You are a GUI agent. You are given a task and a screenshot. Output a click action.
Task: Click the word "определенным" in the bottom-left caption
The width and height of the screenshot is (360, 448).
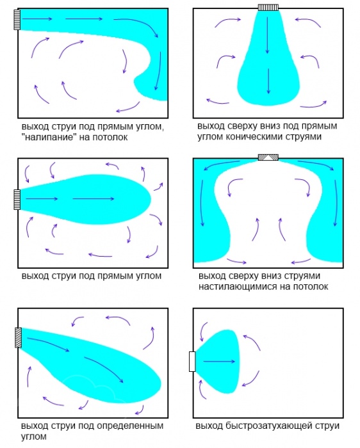130,426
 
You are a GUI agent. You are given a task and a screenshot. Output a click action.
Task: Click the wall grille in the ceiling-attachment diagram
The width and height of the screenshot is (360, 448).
17,19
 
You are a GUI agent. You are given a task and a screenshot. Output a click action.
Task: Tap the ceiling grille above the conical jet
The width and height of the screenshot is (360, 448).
268,7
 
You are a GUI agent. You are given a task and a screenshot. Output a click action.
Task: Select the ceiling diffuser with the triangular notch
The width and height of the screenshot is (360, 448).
268,157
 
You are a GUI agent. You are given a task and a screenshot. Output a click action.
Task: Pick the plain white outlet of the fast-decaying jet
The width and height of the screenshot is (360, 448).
192,362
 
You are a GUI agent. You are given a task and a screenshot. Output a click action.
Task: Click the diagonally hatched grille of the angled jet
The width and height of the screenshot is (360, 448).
19,338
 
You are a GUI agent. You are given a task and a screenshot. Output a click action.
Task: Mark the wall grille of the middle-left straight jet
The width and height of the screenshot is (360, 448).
17,200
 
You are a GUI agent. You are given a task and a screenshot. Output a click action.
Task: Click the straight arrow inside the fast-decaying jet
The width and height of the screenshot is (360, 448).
219,362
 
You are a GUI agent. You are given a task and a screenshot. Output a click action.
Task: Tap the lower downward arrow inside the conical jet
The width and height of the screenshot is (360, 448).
268,81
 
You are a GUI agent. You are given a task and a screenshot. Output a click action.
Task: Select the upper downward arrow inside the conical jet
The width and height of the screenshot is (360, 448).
268,35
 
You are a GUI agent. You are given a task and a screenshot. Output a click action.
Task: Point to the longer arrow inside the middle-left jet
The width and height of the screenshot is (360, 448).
94,199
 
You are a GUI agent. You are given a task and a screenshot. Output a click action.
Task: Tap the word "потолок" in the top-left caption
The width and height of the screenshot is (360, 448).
109,138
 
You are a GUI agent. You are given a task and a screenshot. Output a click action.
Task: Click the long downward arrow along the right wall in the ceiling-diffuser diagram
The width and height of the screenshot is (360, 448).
336,203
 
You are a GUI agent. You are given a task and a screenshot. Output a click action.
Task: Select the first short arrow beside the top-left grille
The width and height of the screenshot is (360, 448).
37,19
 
